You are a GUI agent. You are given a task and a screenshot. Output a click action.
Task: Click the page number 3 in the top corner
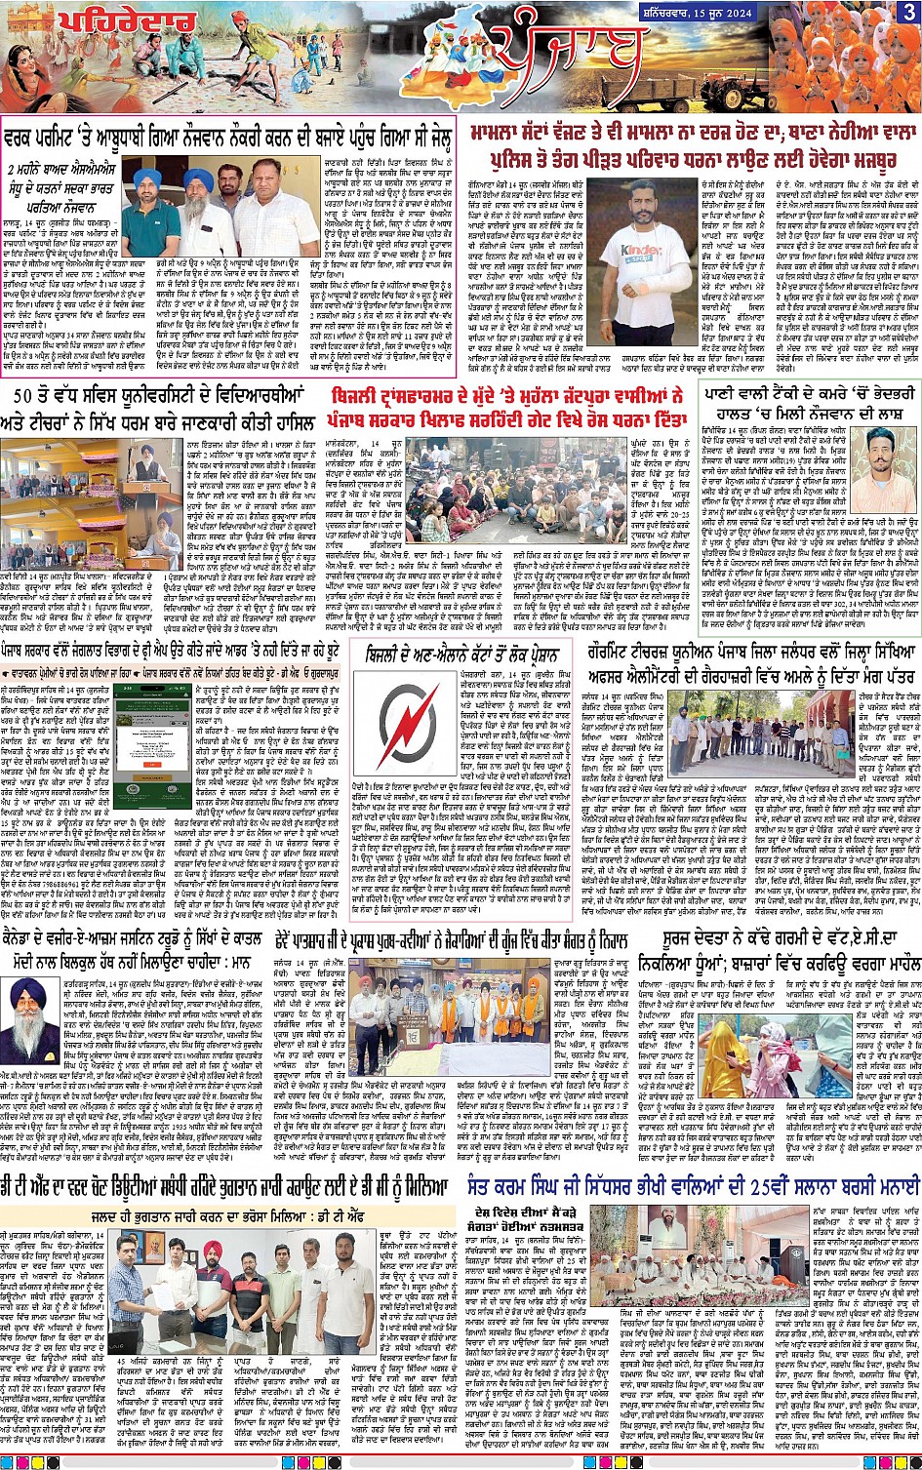pos(908,12)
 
